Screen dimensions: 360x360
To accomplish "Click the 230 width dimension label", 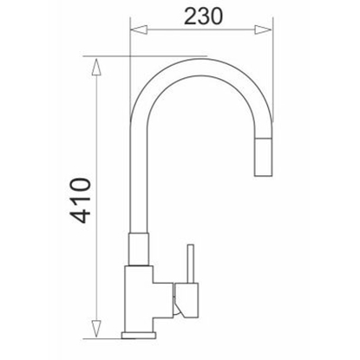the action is [x=204, y=16].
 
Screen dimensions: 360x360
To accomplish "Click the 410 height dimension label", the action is [x=80, y=200].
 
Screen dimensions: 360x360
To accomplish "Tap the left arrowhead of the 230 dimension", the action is [x=139, y=29].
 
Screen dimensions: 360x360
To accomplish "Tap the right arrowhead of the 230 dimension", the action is [x=263, y=29].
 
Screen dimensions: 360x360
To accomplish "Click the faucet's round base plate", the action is [x=139, y=336].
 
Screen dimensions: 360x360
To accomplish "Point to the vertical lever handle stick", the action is [x=191, y=264].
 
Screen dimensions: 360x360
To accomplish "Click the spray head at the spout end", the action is [x=263, y=157].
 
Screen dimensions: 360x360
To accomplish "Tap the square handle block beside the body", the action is [x=187, y=300].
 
